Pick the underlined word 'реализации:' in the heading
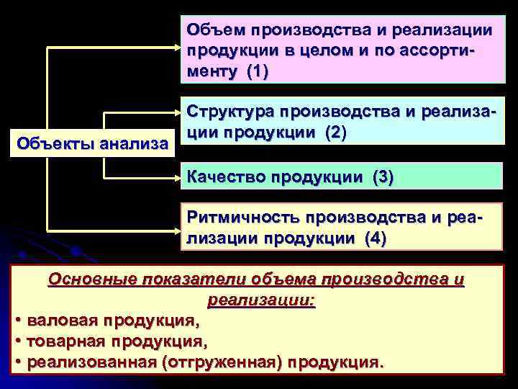click(261, 300)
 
